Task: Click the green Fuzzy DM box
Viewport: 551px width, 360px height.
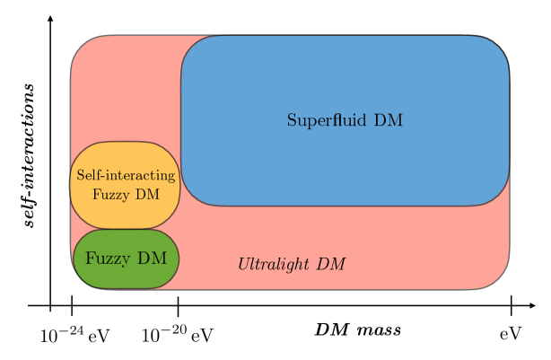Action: [x=126, y=259]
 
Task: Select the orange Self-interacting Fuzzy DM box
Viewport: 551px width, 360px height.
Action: [x=125, y=184]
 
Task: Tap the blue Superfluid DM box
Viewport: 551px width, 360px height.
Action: [x=345, y=120]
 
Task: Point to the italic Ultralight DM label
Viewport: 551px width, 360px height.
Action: [x=291, y=264]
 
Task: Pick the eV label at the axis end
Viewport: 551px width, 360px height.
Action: [x=510, y=335]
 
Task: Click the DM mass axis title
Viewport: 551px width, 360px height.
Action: [x=357, y=329]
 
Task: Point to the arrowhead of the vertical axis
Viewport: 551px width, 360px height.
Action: [x=50, y=18]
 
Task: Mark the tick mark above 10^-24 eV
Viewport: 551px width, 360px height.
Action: [x=71, y=306]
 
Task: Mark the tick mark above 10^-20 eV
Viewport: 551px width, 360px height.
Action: [x=179, y=306]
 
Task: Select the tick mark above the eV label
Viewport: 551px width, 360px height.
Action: [x=511, y=306]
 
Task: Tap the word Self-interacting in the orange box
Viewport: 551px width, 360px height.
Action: [x=125, y=176]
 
